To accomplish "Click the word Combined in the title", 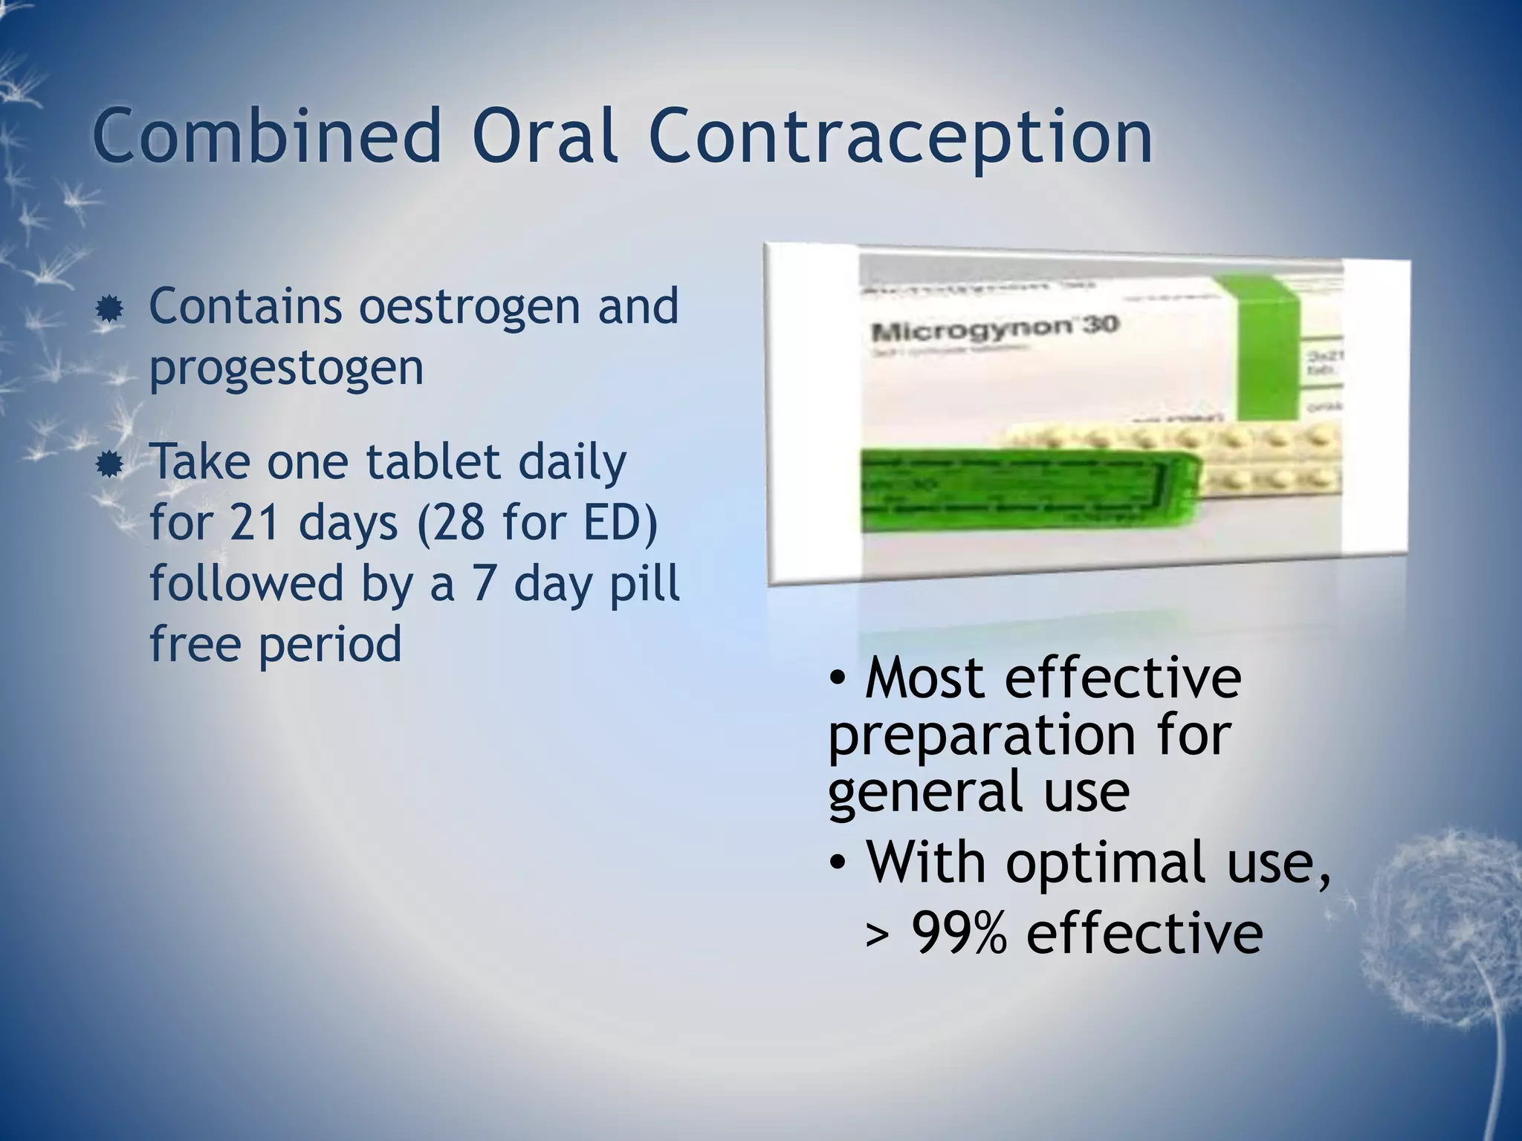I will [x=268, y=137].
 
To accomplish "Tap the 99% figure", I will [x=959, y=933].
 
